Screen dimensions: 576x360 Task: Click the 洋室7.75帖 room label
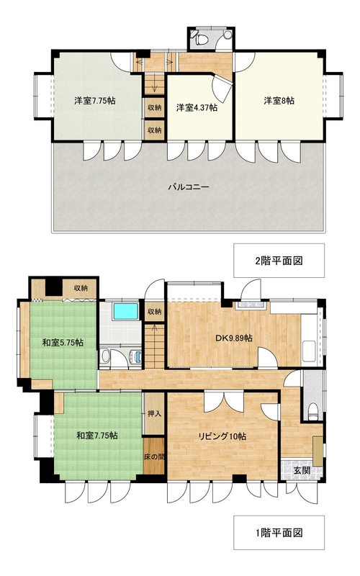tap(95, 102)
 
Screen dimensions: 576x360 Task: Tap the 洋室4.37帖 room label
tap(197, 108)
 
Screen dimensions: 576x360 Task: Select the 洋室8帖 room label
tap(278, 102)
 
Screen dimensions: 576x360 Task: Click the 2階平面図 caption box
tap(278, 261)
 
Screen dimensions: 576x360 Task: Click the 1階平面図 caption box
tap(278, 534)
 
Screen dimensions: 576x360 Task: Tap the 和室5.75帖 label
tap(62, 343)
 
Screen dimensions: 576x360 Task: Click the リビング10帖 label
tap(223, 436)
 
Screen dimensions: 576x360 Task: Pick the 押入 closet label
tap(154, 414)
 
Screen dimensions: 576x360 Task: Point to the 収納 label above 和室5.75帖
tap(80, 288)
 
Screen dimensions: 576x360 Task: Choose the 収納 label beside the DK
tap(154, 312)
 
